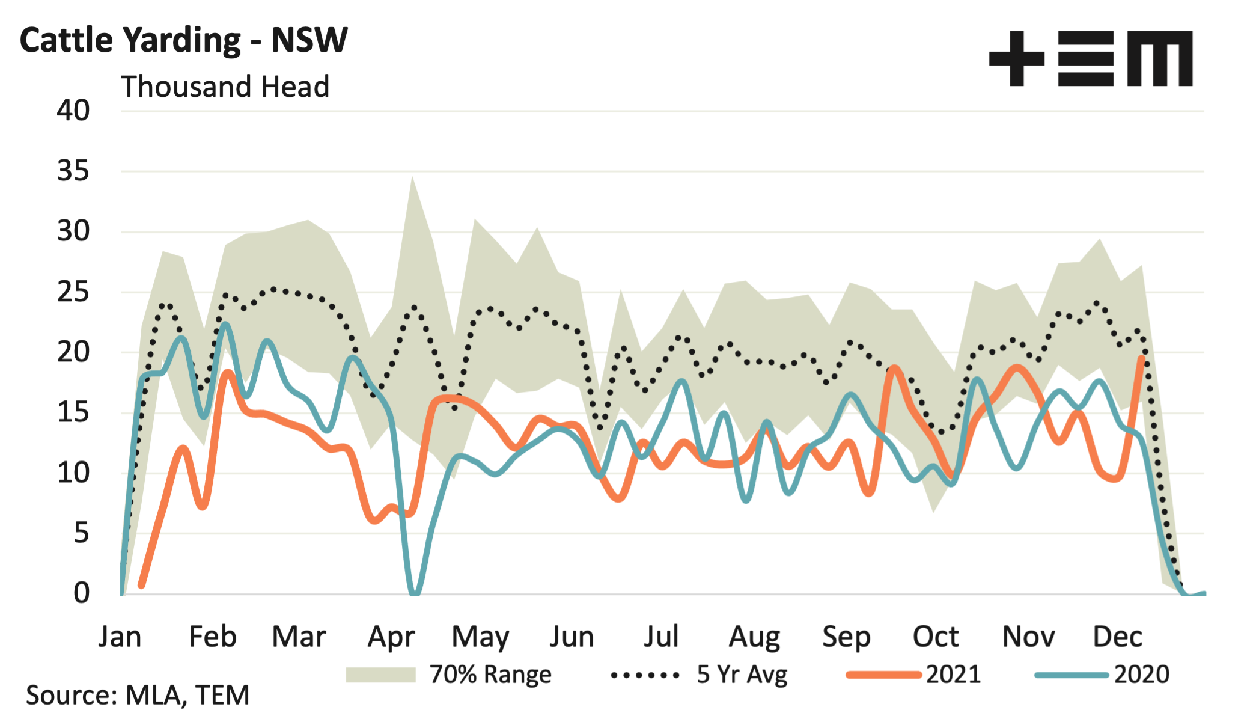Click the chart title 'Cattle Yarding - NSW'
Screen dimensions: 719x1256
point(183,40)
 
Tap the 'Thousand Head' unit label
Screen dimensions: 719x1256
point(225,87)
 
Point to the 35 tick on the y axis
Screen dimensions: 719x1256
point(73,171)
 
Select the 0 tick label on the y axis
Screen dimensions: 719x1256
point(81,593)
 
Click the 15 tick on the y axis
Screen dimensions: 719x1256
point(73,413)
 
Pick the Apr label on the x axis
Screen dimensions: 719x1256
point(391,637)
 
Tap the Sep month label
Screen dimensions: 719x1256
point(846,637)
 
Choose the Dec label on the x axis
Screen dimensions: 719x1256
point(1117,637)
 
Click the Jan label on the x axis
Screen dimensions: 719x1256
point(120,637)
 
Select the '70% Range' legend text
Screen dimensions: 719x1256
point(490,675)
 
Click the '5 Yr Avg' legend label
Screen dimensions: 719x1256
point(742,675)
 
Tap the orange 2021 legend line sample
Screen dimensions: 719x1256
point(883,675)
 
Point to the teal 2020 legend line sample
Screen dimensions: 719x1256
point(1072,675)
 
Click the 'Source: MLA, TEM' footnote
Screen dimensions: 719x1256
point(138,695)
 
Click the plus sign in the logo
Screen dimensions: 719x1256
point(1016,58)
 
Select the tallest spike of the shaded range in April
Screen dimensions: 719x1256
point(412,178)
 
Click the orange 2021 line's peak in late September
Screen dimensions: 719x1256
point(894,367)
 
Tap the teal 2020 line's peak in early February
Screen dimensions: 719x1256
point(225,325)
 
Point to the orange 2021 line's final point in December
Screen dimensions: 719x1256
point(1141,358)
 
